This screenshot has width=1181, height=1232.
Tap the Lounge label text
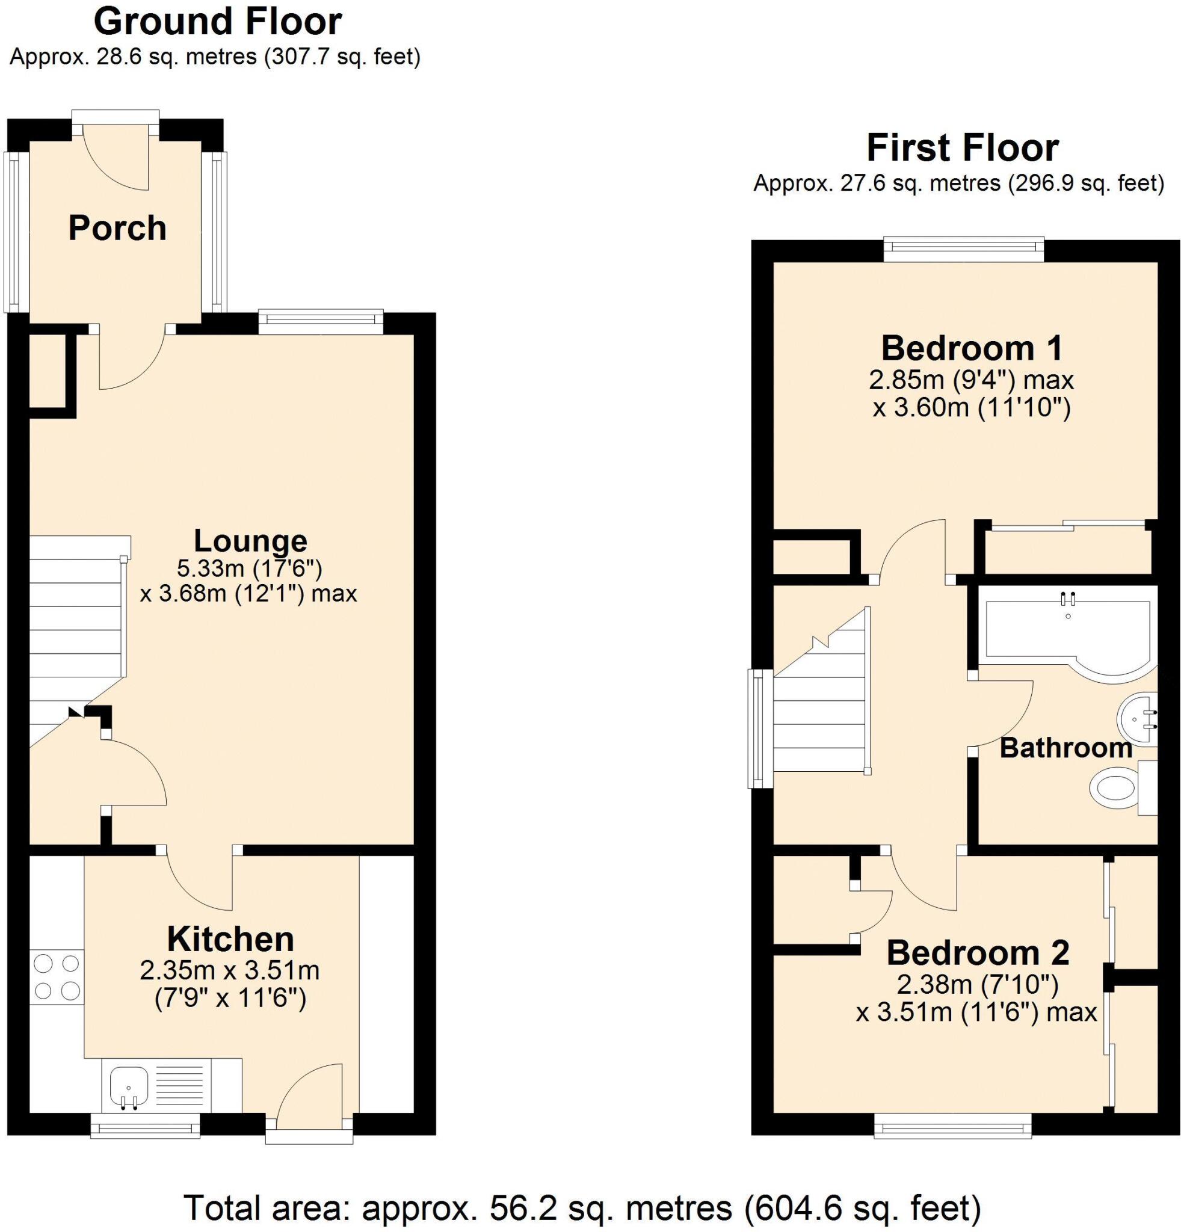coord(250,541)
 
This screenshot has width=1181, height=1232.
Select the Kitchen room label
coord(230,939)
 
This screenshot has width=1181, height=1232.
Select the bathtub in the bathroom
coord(1068,635)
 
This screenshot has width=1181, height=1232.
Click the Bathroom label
coord(1065,748)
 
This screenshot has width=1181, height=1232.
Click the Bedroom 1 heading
coord(971,348)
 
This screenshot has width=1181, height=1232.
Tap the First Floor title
coord(962,149)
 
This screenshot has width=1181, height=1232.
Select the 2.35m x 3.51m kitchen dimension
coord(230,971)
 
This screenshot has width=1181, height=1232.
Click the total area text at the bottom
coord(581,1207)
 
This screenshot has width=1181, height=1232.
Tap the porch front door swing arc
coord(117,160)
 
